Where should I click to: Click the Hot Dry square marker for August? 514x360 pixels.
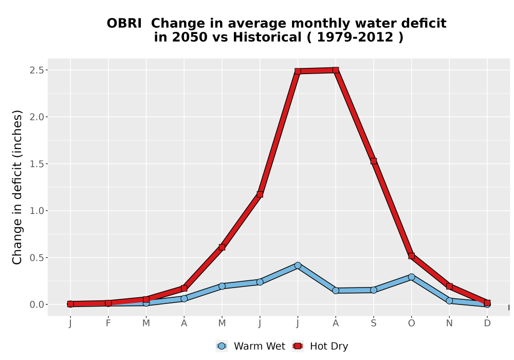click(335, 70)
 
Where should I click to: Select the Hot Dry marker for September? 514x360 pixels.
click(373, 161)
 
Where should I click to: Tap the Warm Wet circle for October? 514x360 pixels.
click(411, 277)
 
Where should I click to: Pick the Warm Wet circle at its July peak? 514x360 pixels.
click(298, 265)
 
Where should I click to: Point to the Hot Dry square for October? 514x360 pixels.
click(411, 256)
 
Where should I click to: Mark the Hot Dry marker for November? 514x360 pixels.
click(449, 286)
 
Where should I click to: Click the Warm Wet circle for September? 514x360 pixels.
click(373, 290)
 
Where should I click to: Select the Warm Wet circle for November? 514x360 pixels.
click(449, 301)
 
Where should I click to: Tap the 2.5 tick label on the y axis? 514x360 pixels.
click(36, 70)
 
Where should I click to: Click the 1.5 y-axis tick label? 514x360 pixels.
click(36, 164)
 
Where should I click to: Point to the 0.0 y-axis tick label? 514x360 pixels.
click(36, 304)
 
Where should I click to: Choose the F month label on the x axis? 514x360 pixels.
click(108, 323)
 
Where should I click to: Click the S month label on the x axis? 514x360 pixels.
click(373, 323)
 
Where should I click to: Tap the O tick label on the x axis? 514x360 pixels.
click(411, 323)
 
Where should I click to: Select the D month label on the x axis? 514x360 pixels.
click(487, 323)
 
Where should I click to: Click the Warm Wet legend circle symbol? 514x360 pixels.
click(222, 346)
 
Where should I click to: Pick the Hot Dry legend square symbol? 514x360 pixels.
click(298, 346)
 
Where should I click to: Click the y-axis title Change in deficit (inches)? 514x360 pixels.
click(17, 187)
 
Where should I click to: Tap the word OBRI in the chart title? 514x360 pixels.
click(124, 24)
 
